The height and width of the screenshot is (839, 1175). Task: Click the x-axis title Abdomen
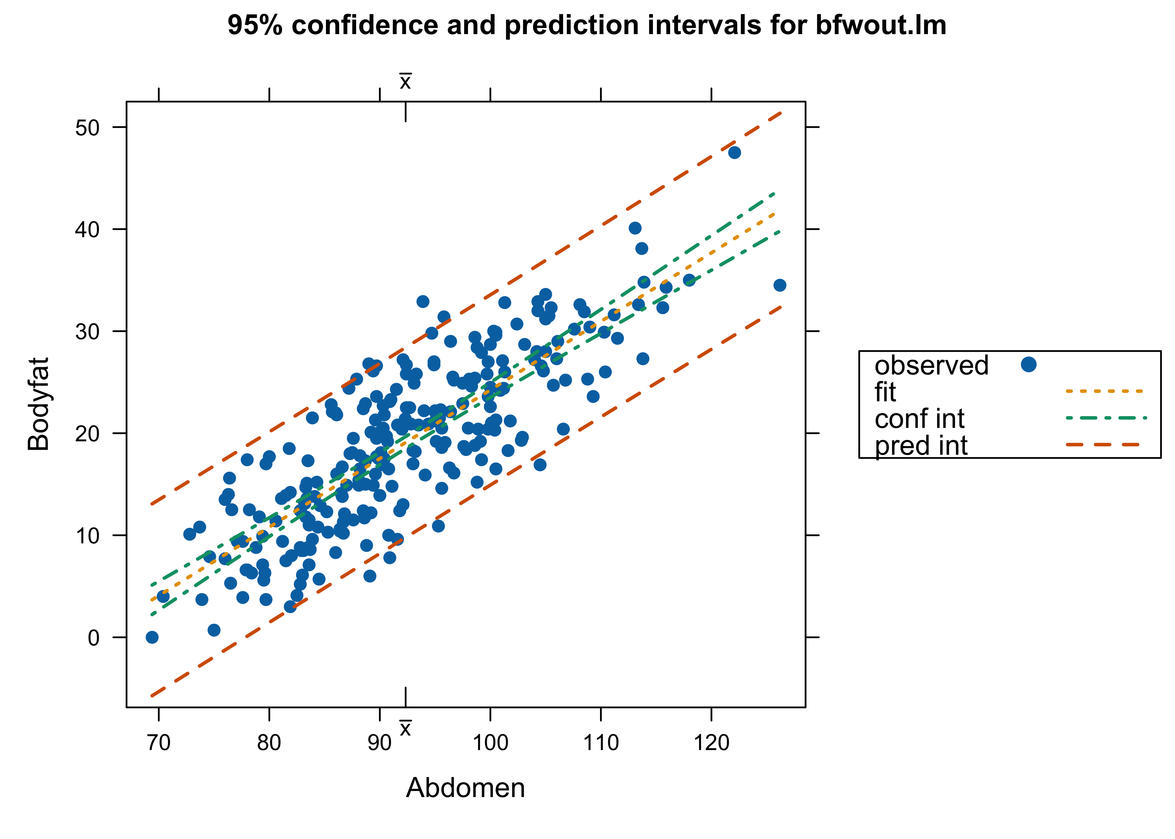465,787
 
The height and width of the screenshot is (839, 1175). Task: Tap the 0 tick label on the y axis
93,638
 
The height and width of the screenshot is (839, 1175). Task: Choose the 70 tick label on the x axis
159,743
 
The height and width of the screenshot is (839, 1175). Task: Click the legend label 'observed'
931,365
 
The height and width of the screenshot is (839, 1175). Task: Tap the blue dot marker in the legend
1028,365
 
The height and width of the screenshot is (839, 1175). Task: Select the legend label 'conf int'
919,418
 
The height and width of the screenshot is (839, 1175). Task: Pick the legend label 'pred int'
921,445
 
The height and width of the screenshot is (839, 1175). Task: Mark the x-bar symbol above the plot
405,81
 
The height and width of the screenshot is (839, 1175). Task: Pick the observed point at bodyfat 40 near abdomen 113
635,228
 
